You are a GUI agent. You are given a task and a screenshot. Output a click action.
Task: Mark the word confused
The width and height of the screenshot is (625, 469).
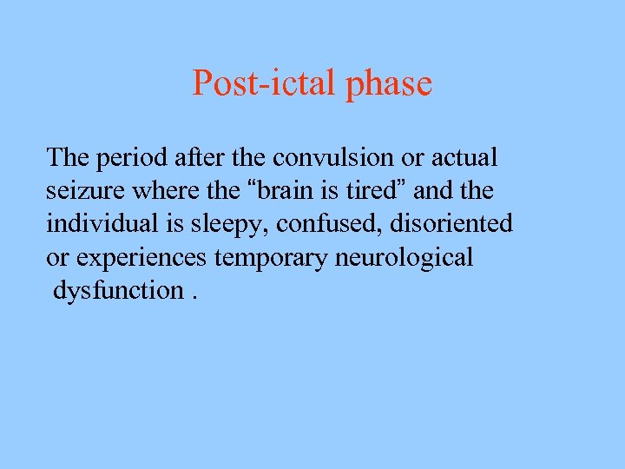point(330,224)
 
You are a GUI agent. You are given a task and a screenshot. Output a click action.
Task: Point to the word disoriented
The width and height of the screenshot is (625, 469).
point(451,224)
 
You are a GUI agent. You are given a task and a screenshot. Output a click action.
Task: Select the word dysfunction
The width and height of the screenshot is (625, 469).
point(117,291)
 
